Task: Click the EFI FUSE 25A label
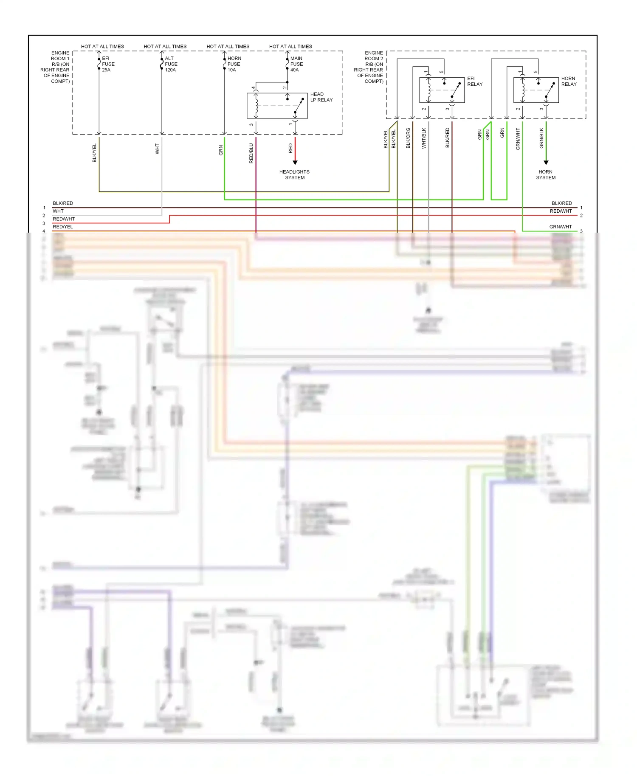pos(108,64)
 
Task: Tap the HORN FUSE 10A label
pos(234,64)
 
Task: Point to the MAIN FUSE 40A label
pos(296,64)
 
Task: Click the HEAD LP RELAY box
pos(277,106)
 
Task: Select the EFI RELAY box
pos(442,90)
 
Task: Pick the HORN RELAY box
pos(536,90)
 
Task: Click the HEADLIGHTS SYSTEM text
pos(294,174)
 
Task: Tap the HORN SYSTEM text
pos(546,174)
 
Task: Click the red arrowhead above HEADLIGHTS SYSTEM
pos(295,163)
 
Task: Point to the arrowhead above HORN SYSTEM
pos(546,163)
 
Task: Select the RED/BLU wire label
pos(251,153)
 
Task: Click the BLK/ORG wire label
pos(408,138)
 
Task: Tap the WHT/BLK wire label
pos(424,138)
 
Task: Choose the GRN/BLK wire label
pos(541,138)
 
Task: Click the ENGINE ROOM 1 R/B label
pos(55,67)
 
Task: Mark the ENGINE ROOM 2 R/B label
pos(369,67)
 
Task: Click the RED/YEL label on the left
pos(62,227)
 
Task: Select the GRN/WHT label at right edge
pos(560,227)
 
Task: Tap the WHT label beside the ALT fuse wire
pos(157,149)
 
